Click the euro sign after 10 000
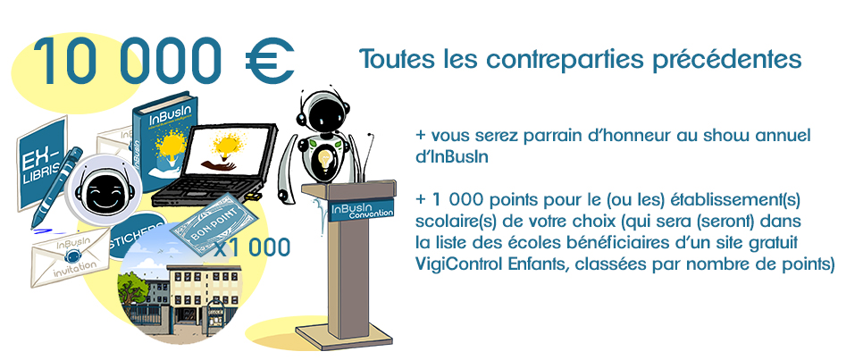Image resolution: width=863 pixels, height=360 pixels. (270, 62)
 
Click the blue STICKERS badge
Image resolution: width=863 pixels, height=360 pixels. (138, 235)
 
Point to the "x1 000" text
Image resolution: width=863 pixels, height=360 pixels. (252, 248)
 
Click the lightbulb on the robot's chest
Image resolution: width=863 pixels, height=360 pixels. (325, 161)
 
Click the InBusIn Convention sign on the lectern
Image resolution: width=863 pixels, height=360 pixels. (361, 210)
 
